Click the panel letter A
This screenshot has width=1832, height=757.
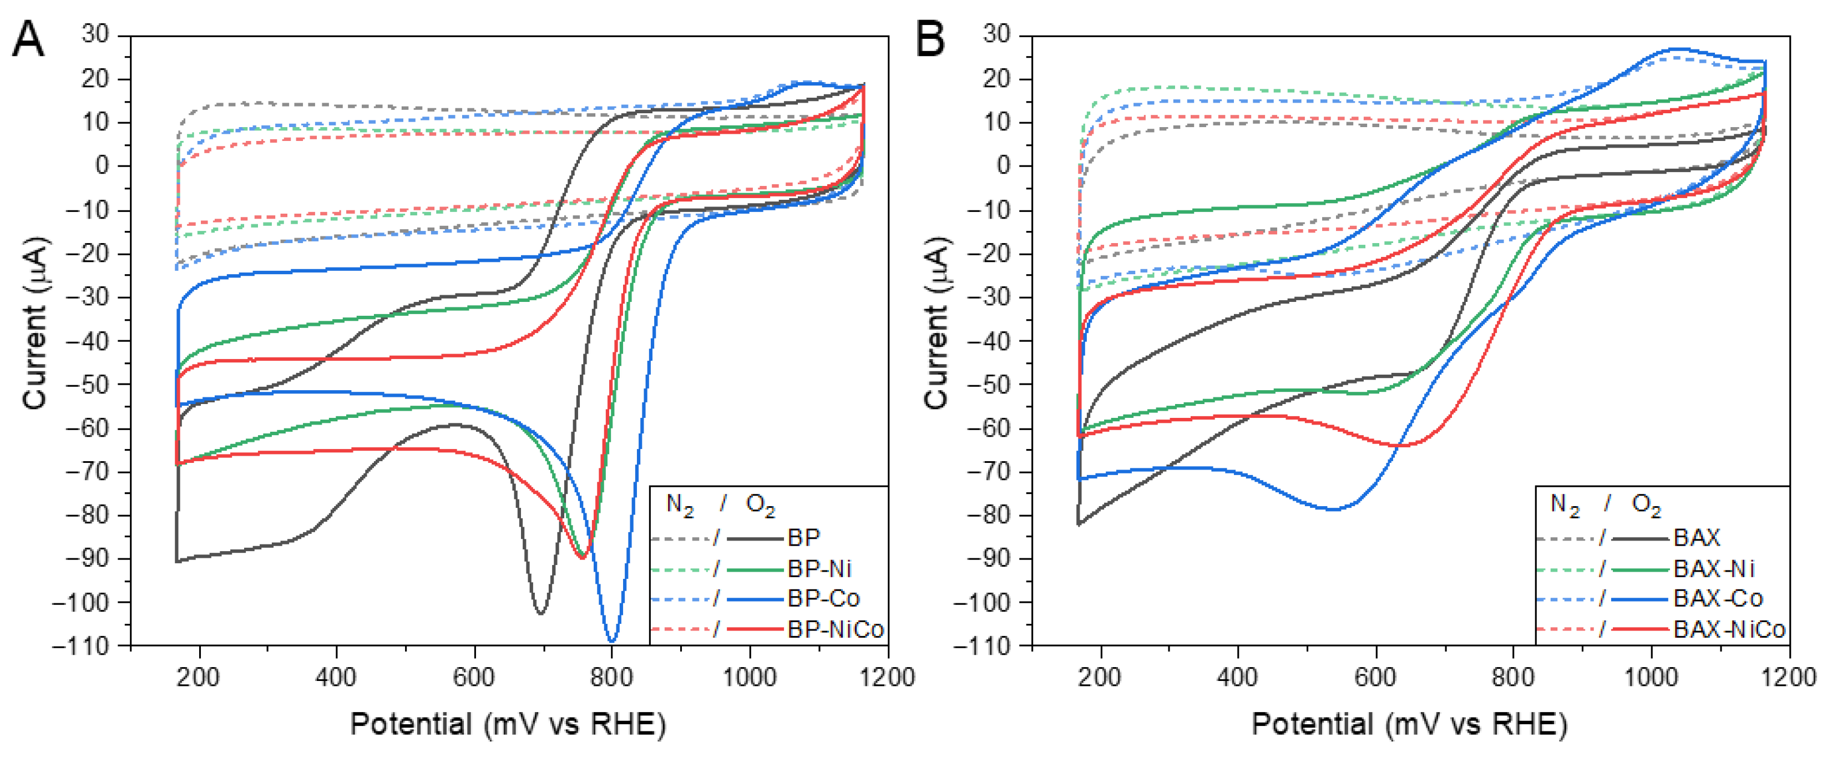[x=28, y=40]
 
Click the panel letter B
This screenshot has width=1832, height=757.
[x=930, y=40]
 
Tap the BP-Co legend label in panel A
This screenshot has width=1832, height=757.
[x=823, y=598]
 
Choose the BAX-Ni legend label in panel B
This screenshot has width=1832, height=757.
[x=1713, y=568]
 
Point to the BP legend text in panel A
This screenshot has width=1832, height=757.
[x=803, y=537]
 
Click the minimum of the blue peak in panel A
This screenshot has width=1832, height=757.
[x=611, y=641]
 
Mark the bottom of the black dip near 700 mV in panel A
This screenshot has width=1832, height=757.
[x=541, y=613]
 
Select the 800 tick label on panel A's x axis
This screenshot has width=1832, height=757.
[x=611, y=677]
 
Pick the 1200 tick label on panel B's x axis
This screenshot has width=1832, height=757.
[x=1789, y=677]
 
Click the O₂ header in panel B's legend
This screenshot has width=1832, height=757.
[x=1646, y=505]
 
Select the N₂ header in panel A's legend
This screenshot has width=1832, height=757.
[x=680, y=505]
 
